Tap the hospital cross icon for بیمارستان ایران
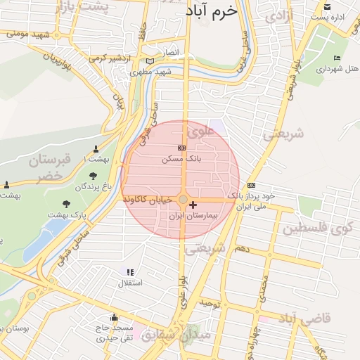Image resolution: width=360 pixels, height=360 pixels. pos(193,205)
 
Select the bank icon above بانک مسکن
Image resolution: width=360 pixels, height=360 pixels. pos(182,148)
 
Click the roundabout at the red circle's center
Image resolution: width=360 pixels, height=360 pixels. pos(182,200)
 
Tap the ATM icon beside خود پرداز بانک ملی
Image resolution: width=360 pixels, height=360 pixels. pos(251,185)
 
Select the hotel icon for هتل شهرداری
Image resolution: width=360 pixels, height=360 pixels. pos(337,58)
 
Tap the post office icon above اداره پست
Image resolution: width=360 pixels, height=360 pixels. pos(326,6)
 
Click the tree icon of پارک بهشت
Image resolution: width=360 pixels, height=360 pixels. pos(67,204)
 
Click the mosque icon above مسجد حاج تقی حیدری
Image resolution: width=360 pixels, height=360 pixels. pos(114,317)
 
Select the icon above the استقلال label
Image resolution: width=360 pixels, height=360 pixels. pos(129,272)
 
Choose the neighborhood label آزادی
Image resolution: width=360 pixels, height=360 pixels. pos(280,14)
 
